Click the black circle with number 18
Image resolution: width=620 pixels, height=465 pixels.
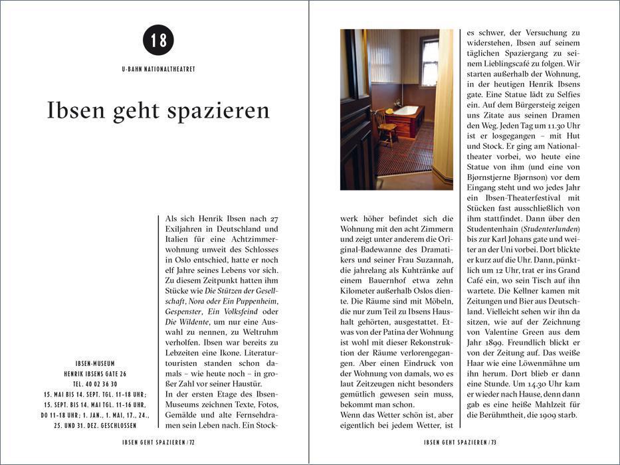tap(158, 40)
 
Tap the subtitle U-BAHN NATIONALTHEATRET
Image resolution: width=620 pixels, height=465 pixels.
tap(158, 69)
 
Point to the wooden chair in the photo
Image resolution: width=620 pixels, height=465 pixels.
tap(385, 126)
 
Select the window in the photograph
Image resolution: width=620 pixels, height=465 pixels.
tap(429, 61)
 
